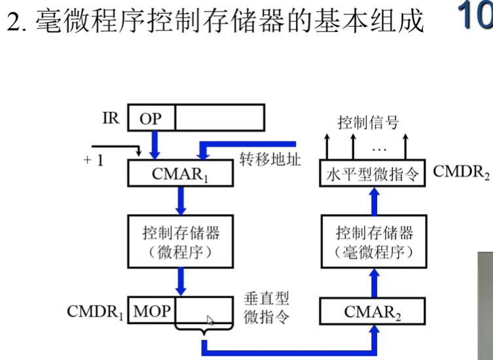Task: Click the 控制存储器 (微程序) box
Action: pyautogui.click(x=180, y=242)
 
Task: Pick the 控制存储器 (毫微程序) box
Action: pyautogui.click(x=372, y=242)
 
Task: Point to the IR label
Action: pyautogui.click(x=111, y=119)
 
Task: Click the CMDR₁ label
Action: pyautogui.click(x=96, y=311)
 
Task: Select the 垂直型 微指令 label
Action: pyautogui.click(x=266, y=308)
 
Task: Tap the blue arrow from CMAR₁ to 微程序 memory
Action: pyautogui.click(x=180, y=200)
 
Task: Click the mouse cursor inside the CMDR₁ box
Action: pyautogui.click(x=210, y=320)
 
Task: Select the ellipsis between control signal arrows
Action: pyautogui.click(x=379, y=141)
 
